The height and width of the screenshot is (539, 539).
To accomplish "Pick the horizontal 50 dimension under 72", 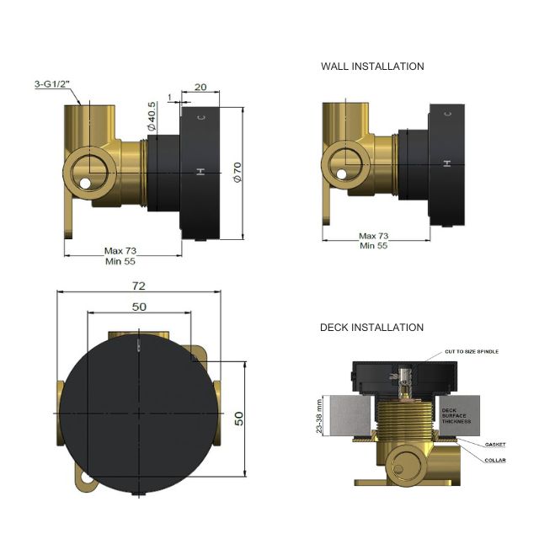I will click(139, 307).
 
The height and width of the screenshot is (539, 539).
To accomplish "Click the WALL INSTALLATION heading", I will click(372, 66).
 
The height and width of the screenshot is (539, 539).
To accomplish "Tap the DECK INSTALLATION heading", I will click(371, 327).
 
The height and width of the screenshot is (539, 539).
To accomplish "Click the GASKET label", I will click(494, 444).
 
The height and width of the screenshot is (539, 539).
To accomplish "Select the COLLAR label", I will click(494, 459).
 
